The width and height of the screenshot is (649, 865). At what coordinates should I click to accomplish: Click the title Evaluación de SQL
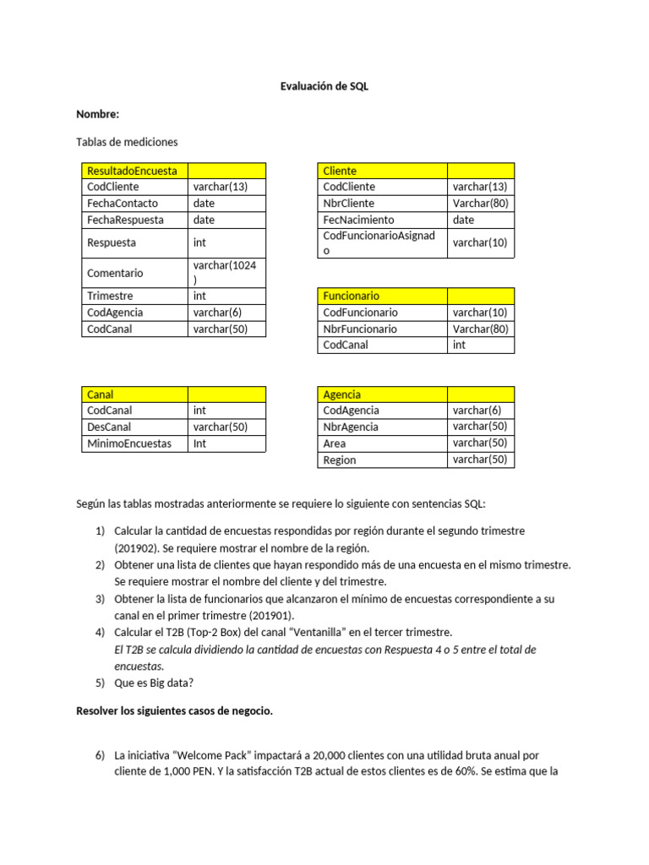tap(324, 86)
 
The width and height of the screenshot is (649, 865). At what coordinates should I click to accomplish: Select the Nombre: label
tap(98, 114)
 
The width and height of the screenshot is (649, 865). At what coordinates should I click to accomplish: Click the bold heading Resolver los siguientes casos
tap(174, 711)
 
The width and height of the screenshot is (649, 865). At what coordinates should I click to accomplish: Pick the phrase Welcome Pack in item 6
tap(199, 755)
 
